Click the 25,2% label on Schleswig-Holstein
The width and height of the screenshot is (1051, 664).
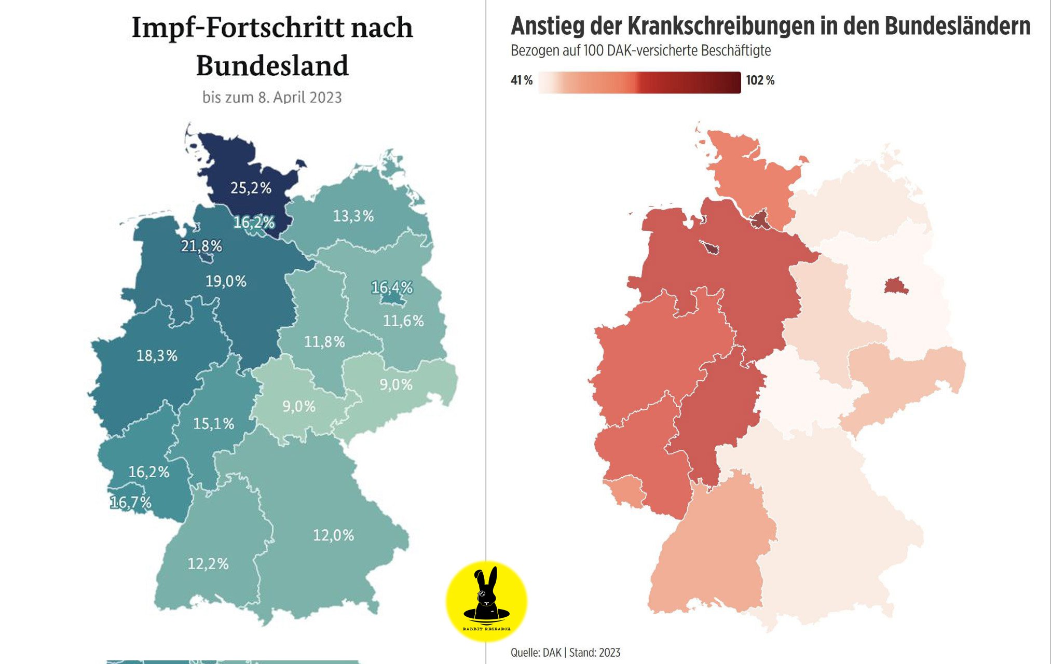[251, 188]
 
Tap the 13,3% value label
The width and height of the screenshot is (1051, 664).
[353, 216]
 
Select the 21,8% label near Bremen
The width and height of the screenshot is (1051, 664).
[201, 246]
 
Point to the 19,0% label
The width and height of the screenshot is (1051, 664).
[226, 281]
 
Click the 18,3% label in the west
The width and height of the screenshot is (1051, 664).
[157, 356]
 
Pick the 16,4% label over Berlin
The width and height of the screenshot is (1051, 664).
[392, 287]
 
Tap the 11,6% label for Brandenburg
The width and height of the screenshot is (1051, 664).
[403, 321]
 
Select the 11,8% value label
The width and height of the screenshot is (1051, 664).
[324, 342]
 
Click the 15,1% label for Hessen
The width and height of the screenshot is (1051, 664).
[213, 424]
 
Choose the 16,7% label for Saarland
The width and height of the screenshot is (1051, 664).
[131, 502]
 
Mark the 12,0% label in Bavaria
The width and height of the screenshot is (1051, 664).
[333, 535]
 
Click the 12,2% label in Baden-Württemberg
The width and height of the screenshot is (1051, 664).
[208, 563]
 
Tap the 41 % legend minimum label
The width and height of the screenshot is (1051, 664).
[522, 80]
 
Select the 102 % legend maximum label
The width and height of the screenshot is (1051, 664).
[760, 80]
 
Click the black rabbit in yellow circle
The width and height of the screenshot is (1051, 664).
[486, 597]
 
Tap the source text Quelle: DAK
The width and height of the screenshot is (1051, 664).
[536, 653]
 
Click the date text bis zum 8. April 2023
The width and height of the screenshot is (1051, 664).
[272, 98]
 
